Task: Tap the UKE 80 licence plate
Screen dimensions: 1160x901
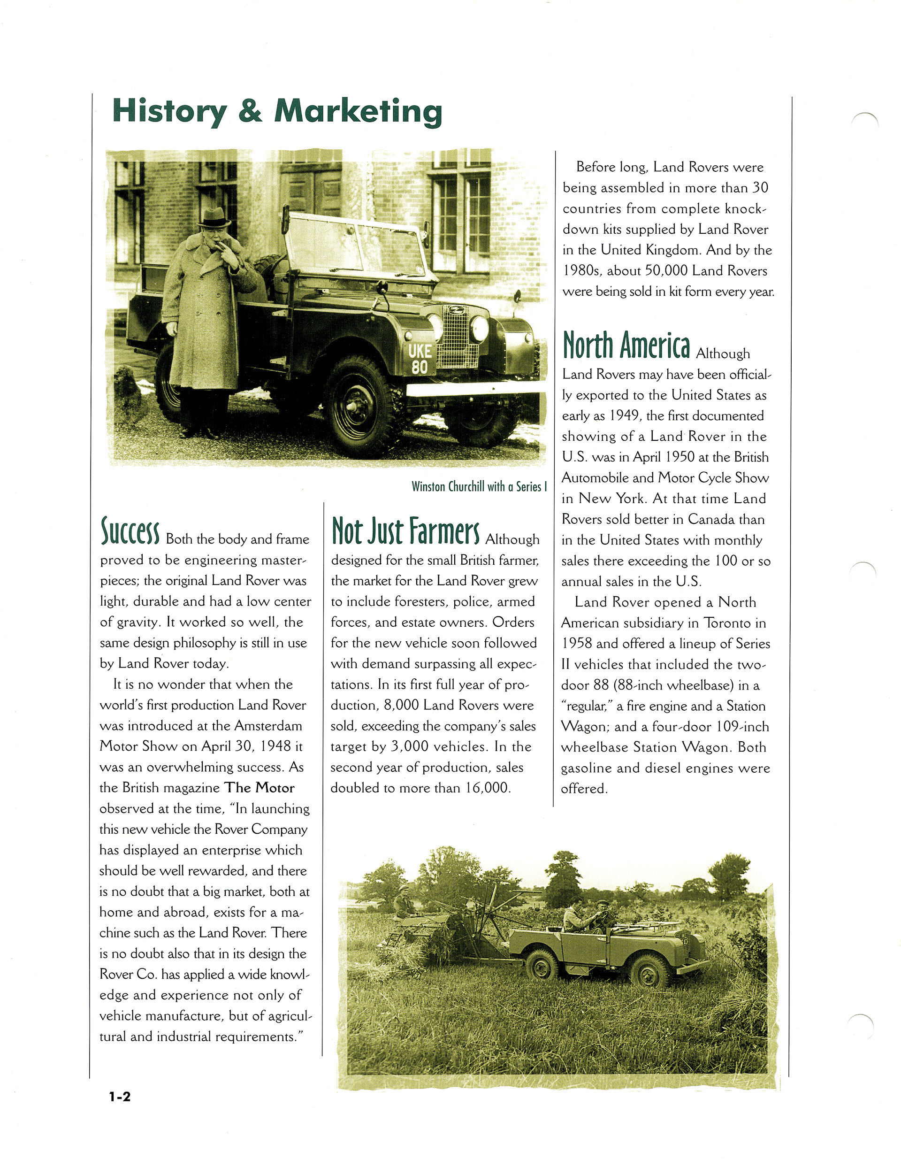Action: [420, 359]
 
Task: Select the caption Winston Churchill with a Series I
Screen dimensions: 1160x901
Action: [479, 486]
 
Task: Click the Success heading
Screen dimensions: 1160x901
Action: [130, 531]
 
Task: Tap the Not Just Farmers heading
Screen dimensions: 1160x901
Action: [405, 531]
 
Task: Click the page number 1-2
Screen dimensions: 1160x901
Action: [120, 1096]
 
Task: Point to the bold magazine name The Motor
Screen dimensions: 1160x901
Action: [259, 788]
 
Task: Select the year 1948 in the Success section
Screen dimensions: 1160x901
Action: [276, 746]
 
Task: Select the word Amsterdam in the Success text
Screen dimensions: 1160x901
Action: [268, 726]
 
